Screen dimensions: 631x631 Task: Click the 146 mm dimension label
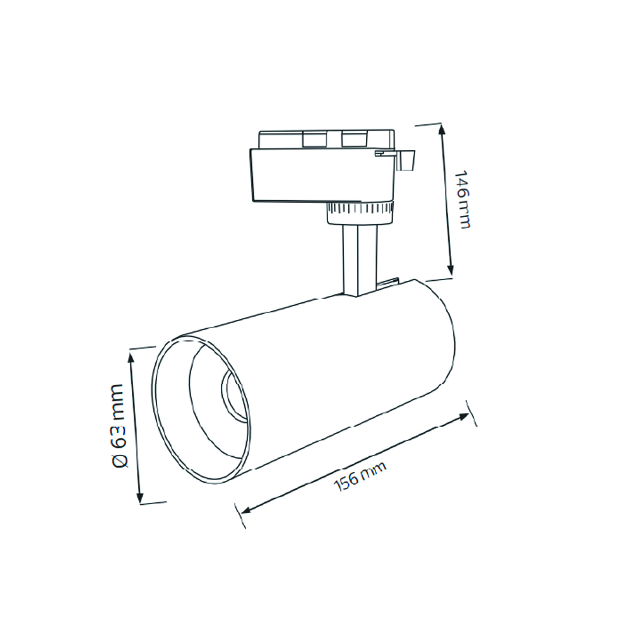[463, 199]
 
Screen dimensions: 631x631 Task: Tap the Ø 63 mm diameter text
[119, 425]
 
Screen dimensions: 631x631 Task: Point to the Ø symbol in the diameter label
[120, 460]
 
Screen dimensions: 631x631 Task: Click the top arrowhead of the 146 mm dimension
[442, 129]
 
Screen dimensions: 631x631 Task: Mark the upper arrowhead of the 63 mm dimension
[132, 358]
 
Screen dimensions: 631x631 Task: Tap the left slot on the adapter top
[313, 139]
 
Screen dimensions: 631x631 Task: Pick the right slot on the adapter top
[353, 139]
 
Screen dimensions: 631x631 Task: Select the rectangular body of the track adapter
[315, 175]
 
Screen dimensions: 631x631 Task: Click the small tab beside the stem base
[391, 283]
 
